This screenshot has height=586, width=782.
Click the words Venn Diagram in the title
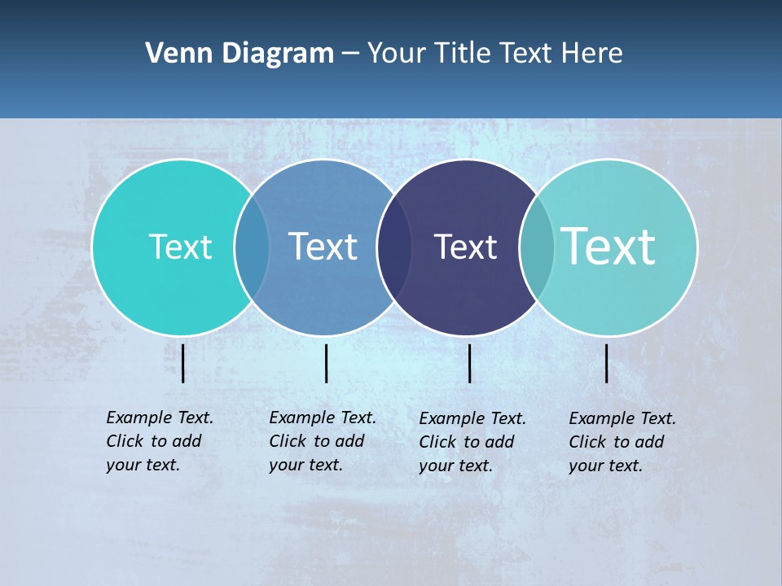point(239,54)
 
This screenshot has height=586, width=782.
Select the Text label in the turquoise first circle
point(180,247)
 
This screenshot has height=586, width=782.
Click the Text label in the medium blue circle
point(323,247)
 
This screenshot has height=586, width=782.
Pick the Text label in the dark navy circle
point(465,247)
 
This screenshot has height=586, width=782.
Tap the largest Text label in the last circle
point(608,247)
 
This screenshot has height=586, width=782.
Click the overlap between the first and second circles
point(252,247)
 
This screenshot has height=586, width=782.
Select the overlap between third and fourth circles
point(537,247)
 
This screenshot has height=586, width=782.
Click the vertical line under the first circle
point(183,363)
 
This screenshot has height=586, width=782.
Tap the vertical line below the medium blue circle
point(326,363)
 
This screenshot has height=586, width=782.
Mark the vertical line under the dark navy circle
point(470,363)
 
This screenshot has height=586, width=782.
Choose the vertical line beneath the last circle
point(607,363)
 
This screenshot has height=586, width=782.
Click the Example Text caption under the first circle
point(160,441)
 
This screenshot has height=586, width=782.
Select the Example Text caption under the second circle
point(323,441)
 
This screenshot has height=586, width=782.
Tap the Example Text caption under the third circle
point(472,442)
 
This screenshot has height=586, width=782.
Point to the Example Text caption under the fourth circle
point(622,442)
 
